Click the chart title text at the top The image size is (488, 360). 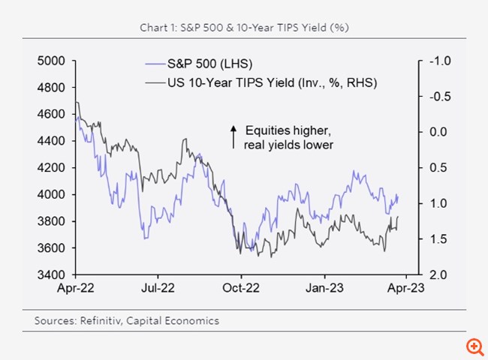[244, 28]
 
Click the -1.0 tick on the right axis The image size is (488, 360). [435, 61]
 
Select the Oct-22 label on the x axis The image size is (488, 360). [239, 287]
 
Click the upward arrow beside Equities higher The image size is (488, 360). [233, 136]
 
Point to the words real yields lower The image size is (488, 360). [288, 144]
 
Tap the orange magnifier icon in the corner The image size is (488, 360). [474, 346]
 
